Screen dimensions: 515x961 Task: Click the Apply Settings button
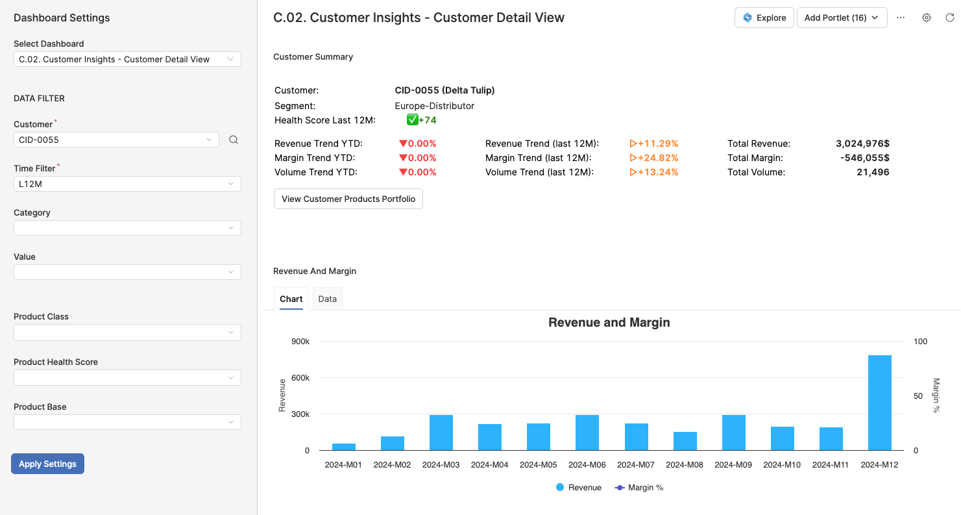tap(47, 464)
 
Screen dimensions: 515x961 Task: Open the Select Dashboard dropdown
tap(127, 59)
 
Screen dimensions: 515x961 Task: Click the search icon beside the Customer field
tap(234, 140)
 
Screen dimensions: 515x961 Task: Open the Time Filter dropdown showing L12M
tap(127, 184)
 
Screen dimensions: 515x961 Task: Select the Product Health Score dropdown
tap(127, 377)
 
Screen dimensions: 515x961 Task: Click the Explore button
tap(764, 18)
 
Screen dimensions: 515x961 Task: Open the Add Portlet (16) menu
tap(841, 18)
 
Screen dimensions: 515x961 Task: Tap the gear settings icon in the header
tap(927, 18)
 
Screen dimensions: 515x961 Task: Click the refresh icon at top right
tap(950, 18)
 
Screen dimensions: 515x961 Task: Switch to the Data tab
tap(327, 299)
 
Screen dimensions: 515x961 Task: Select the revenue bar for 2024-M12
tap(879, 403)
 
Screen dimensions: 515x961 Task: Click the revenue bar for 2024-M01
tap(343, 447)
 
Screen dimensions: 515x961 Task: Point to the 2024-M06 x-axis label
tap(587, 465)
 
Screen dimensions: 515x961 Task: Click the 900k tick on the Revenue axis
tap(299, 342)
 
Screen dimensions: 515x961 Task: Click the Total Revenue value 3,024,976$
tap(862, 144)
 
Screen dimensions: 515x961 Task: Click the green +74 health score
tap(427, 120)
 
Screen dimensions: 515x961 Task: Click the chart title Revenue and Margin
tap(609, 323)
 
